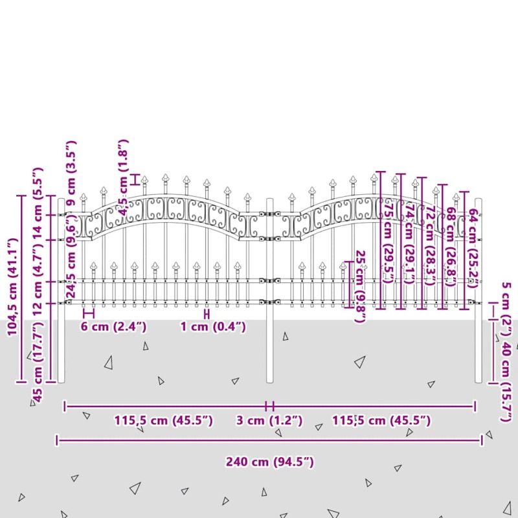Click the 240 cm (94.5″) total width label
(269, 462)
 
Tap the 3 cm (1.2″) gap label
(269, 421)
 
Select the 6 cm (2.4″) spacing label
(114, 326)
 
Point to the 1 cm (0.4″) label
(213, 326)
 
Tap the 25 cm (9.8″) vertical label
(361, 286)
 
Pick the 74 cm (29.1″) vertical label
(409, 240)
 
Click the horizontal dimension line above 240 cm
(269, 440)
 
